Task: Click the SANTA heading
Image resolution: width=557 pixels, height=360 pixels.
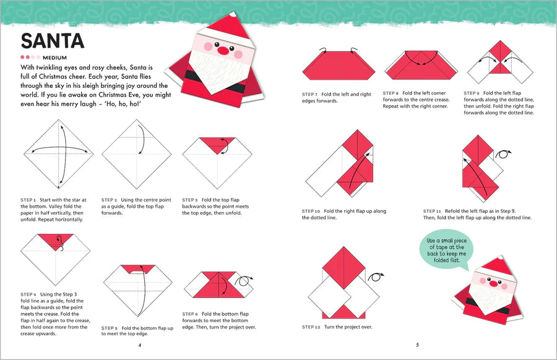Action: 52,41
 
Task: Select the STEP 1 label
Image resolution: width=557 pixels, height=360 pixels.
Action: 28,200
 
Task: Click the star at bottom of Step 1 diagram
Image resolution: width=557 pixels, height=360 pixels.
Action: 59,186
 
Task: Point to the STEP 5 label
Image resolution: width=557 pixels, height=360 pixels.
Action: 110,327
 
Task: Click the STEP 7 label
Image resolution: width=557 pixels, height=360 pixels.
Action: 310,94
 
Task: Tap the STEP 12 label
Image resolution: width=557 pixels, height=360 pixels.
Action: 311,327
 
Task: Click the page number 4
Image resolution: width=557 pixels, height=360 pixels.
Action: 140,345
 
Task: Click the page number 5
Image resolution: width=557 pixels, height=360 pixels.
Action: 417,345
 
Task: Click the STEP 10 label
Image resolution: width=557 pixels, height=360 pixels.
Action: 311,211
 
